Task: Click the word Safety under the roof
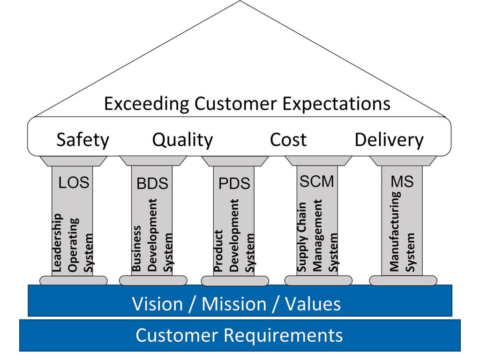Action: click(82, 140)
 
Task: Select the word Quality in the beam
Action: click(182, 140)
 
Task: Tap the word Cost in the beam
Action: click(288, 140)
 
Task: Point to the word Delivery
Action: click(389, 140)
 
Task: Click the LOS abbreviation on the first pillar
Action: click(74, 183)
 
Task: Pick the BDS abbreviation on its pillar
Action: click(152, 184)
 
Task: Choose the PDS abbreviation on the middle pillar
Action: click(234, 184)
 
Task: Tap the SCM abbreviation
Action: click(317, 181)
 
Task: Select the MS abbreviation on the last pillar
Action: click(402, 181)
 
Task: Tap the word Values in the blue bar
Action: click(312, 304)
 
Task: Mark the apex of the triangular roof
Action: click(240, 2)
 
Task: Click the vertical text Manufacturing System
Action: click(402, 232)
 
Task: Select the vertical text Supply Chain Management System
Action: click(317, 237)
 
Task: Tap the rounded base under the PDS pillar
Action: click(234, 281)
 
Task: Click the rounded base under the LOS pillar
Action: click(73, 280)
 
